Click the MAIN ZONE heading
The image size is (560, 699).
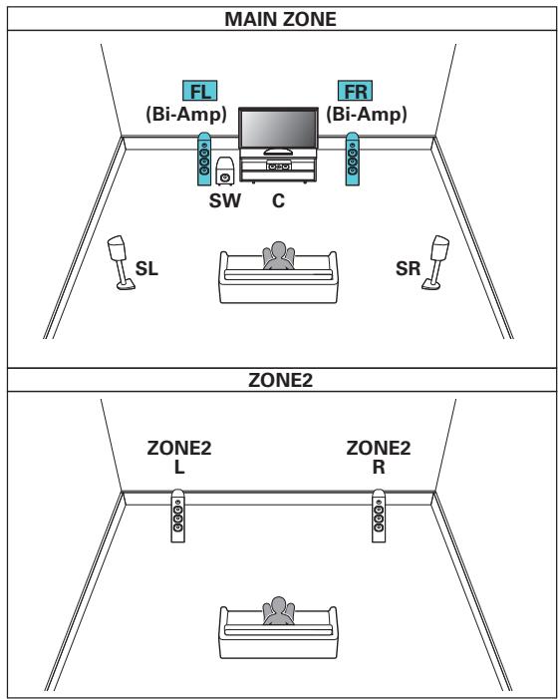click(279, 17)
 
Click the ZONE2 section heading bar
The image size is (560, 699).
click(279, 379)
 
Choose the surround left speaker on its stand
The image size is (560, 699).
click(121, 261)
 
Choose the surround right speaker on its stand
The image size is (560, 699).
click(436, 261)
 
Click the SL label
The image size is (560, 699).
click(146, 268)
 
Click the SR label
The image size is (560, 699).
click(411, 268)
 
